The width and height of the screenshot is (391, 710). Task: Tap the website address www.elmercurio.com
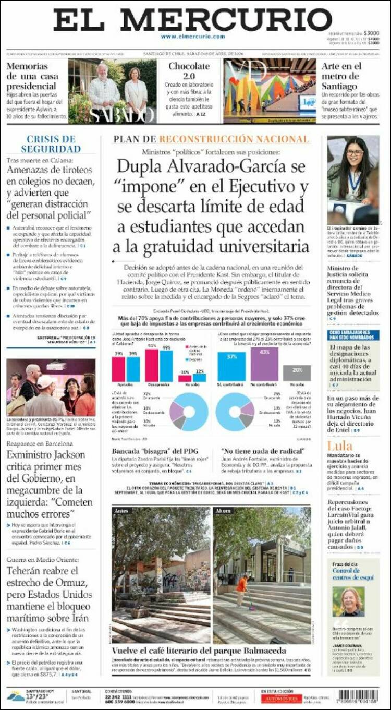point(192,37)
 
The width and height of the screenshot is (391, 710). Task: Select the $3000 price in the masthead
point(371,33)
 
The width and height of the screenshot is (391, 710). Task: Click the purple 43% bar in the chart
point(264,364)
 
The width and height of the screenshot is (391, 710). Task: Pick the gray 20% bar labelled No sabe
point(297,373)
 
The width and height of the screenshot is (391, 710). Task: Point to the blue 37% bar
point(231,367)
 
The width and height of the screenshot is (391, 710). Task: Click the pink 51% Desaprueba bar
point(152,366)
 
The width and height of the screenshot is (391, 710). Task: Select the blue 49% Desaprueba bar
point(166,366)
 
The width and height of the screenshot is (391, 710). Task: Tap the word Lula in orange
point(339,446)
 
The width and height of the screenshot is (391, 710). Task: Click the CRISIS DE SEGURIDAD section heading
point(51,144)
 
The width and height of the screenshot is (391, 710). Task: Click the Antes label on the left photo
point(120,511)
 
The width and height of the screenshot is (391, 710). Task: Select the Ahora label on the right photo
point(223,511)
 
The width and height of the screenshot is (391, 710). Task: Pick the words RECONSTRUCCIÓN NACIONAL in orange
point(234,139)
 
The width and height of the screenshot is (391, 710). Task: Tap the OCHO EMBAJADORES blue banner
point(353,335)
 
